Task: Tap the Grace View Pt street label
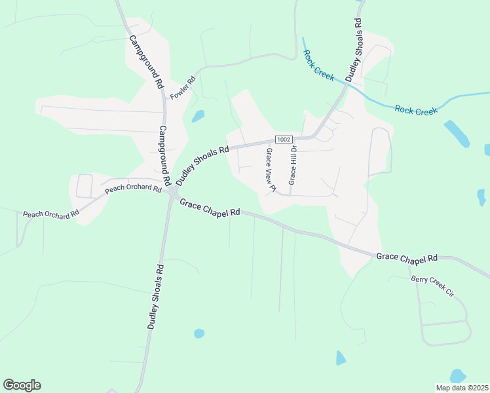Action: (269, 170)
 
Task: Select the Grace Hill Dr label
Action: (293, 164)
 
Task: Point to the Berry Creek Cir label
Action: (432, 287)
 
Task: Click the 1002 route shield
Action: (284, 139)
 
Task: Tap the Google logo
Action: (22, 385)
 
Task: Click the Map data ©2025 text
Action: (462, 388)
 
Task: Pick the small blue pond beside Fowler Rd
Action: (198, 117)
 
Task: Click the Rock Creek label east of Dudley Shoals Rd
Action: (416, 110)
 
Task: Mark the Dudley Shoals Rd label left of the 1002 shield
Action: (202, 165)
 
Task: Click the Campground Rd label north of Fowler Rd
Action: (145, 62)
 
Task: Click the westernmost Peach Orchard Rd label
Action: (51, 213)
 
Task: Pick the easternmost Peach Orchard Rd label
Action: (133, 189)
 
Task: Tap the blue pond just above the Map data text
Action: (458, 376)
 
